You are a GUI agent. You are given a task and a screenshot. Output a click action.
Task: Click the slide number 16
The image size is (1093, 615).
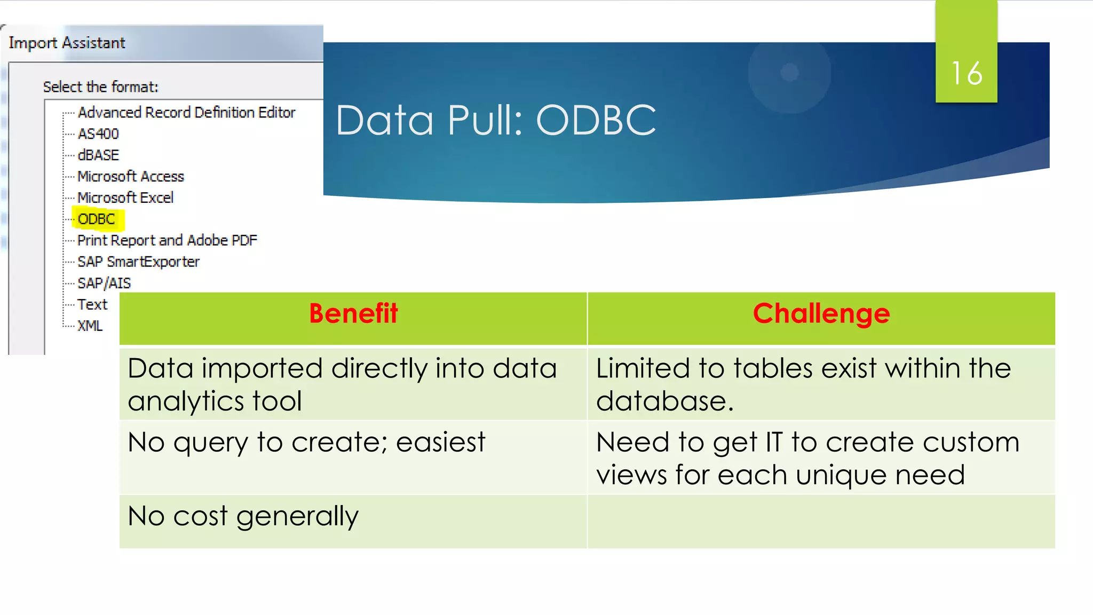tap(967, 73)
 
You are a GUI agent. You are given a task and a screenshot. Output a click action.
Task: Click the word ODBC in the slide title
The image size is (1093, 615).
tap(596, 121)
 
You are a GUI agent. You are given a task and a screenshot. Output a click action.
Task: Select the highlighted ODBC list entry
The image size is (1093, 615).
tap(97, 219)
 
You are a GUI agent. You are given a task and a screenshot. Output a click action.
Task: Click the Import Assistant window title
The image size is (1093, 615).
tap(67, 43)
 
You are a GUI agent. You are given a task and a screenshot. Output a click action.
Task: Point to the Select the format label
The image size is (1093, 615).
tap(100, 86)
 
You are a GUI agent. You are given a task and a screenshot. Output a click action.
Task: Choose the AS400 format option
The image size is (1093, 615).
tap(98, 133)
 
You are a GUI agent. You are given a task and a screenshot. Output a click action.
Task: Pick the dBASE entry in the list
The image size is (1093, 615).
tap(98, 155)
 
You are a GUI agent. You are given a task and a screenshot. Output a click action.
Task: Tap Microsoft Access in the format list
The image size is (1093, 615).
tap(131, 176)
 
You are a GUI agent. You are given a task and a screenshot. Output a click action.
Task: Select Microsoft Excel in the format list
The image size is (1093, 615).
tap(125, 198)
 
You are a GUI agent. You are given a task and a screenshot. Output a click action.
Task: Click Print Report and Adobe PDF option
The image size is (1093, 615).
tap(167, 240)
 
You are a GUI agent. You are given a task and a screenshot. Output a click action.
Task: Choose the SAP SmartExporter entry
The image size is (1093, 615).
tap(138, 262)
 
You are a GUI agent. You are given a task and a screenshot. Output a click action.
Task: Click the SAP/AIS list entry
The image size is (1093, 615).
tap(104, 283)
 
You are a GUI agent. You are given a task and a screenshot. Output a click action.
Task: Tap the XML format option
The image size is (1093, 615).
tap(90, 326)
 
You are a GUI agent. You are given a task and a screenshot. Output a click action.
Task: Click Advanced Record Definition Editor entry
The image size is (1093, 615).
tap(186, 112)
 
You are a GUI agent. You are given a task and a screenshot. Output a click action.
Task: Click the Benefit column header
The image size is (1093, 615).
tap(353, 313)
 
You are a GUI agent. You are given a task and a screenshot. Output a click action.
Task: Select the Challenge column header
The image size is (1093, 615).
tap(821, 313)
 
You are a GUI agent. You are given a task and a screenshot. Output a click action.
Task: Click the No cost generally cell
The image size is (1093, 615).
tap(243, 517)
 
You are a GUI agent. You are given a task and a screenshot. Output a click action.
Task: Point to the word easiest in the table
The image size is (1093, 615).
tap(440, 443)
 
